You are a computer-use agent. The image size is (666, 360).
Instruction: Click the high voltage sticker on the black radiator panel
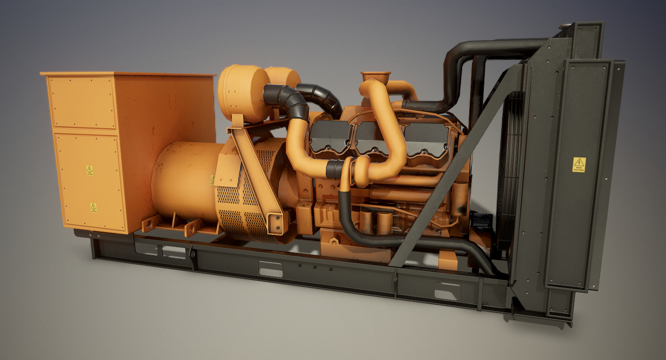tap(579, 164)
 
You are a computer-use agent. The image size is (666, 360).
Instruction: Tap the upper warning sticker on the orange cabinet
tap(90, 170)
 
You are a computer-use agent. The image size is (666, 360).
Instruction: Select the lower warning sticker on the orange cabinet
tap(93, 207)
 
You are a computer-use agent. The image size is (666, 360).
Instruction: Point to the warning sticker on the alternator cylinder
tap(212, 180)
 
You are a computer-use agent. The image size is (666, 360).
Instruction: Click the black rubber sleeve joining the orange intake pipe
tap(334, 169)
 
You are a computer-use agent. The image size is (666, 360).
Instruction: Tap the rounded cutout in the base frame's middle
tap(270, 269)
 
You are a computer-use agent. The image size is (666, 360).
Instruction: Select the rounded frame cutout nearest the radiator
tap(447, 291)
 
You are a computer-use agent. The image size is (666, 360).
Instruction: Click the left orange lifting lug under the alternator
tap(151, 223)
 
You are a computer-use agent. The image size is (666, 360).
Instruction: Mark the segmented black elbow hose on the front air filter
tap(288, 99)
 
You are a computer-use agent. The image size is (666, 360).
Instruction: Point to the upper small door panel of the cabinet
tap(82, 103)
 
